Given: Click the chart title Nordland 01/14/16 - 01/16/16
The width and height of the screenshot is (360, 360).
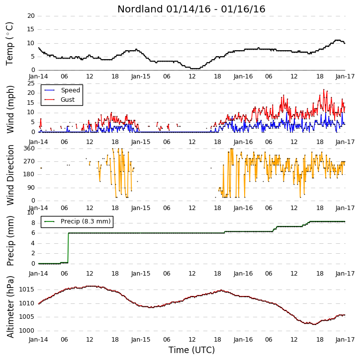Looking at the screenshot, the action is coord(191,9).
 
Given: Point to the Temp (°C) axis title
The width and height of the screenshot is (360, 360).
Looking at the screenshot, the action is coord(9,44).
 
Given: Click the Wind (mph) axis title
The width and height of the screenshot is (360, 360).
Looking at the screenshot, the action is coord(10,109).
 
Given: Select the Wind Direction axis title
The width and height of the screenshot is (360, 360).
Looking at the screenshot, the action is coord(10,175).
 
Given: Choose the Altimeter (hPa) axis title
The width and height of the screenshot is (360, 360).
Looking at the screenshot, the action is coord(10,307).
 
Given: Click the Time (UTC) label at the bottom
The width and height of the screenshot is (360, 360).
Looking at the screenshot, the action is coord(191,350).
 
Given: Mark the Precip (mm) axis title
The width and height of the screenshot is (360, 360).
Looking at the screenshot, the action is coord(10,241).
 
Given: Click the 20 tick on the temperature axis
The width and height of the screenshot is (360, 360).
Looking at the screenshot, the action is coord(31,16).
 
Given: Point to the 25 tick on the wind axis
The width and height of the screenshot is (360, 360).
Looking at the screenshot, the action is coord(31,83).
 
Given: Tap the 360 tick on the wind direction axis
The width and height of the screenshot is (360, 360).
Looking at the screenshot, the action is coord(29,148).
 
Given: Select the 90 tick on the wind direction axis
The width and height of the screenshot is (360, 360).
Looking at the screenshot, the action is coord(31,188).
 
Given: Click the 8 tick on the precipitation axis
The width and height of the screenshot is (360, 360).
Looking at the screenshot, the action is coord(33,223).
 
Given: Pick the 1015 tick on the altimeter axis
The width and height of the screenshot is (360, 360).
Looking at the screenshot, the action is coord(26,289).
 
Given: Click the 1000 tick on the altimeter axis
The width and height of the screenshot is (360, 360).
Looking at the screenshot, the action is coord(26,331).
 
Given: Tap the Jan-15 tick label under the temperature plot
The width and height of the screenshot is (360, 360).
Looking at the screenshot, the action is coord(141,76).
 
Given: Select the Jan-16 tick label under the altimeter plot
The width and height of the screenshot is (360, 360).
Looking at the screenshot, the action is coord(243,340).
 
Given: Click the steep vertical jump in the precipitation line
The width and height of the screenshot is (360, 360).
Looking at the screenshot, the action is coord(68,248).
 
